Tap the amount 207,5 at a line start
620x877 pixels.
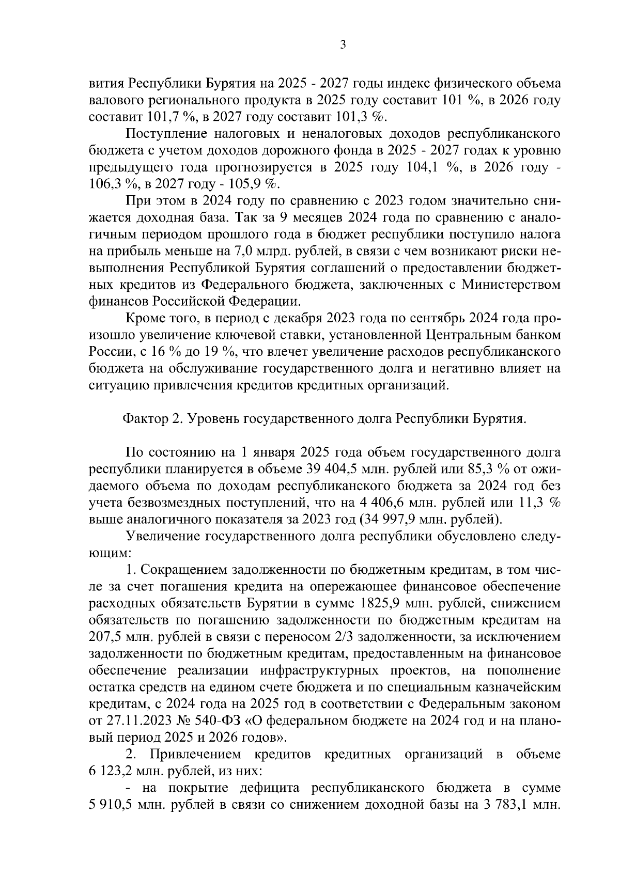tap(105, 637)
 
